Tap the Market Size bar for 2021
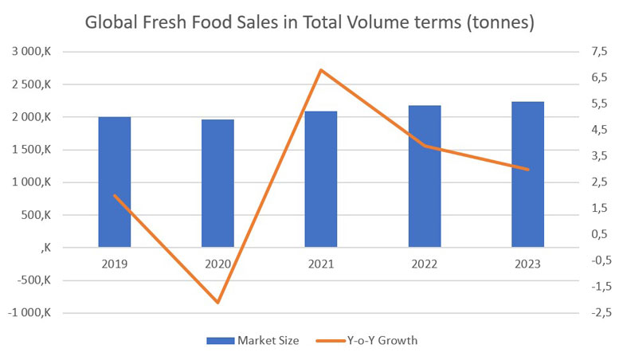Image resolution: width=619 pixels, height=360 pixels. click(x=321, y=179)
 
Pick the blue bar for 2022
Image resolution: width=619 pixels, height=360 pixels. click(x=425, y=176)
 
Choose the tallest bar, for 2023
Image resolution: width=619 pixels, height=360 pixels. click(x=527, y=174)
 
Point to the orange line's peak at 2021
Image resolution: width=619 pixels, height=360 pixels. click(x=321, y=70)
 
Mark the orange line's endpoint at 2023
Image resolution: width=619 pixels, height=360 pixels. click(x=527, y=170)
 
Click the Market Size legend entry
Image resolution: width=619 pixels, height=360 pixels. click(x=253, y=340)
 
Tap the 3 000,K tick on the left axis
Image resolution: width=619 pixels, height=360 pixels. click(x=31, y=52)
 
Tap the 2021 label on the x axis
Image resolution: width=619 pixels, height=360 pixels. click(x=321, y=264)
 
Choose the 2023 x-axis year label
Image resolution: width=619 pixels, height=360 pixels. click(x=527, y=264)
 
